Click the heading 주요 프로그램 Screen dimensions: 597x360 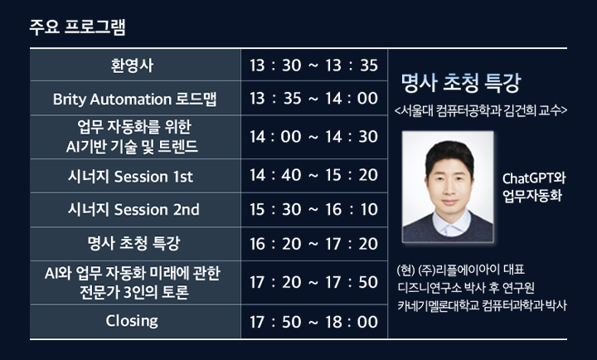[78, 27]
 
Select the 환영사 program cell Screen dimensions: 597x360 [135, 65]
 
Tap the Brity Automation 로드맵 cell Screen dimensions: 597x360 [135, 98]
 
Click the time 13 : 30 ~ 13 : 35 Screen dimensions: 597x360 [313, 66]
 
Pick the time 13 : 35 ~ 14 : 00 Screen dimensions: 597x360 [313, 99]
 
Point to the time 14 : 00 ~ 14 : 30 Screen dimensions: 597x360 [313, 137]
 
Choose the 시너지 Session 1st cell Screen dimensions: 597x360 [135, 176]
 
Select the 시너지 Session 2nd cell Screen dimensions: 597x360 [135, 210]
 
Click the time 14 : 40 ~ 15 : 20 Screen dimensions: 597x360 [313, 175]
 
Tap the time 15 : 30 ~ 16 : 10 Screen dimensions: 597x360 [313, 210]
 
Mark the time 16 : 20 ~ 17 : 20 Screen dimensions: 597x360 [313, 244]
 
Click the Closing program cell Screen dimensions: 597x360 [135, 321]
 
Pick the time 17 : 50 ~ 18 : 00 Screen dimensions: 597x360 [313, 322]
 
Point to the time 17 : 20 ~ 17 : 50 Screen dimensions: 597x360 [313, 282]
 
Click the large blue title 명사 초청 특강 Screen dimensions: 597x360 [461, 82]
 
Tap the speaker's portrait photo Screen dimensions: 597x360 [448, 187]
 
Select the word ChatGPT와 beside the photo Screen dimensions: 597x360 [534, 178]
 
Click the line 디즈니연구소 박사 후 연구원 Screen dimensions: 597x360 [466, 288]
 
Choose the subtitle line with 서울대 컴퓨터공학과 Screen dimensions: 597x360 [481, 110]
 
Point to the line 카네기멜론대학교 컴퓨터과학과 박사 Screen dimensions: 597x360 [482, 305]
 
